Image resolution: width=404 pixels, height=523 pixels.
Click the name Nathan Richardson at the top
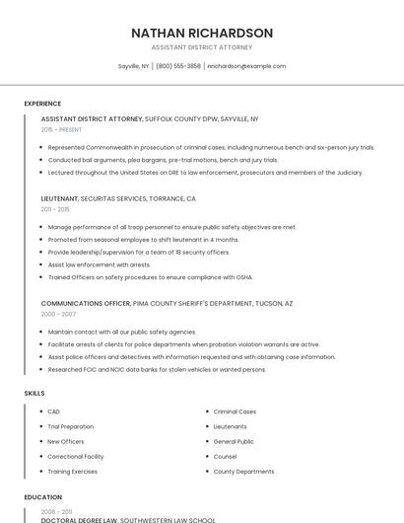tap(201, 33)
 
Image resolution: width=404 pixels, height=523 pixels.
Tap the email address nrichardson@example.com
tap(246, 66)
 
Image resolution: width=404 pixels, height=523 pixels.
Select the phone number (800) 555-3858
tap(178, 66)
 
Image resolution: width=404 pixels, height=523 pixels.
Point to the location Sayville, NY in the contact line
tap(133, 66)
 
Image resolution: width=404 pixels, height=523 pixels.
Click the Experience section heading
tap(42, 104)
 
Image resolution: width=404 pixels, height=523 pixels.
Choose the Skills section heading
tap(34, 394)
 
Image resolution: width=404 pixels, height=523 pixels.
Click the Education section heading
tap(42, 497)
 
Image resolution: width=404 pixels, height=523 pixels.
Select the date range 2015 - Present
tap(61, 129)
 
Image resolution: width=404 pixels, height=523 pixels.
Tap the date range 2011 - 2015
tap(55, 209)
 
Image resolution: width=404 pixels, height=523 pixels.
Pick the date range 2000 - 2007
tap(57, 314)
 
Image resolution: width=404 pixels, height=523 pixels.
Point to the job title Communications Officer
tap(86, 303)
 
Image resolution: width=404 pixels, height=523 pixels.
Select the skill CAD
tap(54, 411)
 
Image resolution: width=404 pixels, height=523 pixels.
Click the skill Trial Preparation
tap(71, 426)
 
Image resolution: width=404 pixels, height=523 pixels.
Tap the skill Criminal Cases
tap(235, 411)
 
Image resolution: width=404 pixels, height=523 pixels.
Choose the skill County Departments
tap(243, 472)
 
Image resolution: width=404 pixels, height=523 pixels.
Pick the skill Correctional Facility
tap(76, 457)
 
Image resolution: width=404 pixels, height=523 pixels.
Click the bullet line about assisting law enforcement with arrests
tap(99, 264)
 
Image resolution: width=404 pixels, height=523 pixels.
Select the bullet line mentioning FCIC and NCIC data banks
tap(157, 369)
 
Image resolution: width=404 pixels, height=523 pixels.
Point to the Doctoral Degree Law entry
tap(79, 519)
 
